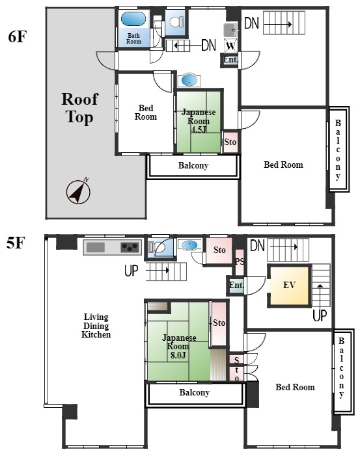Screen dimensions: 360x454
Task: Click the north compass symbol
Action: [78, 192]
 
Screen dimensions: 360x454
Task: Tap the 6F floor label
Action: [18, 37]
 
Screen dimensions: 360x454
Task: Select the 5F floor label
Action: [16, 243]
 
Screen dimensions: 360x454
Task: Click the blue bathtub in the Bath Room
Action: [133, 20]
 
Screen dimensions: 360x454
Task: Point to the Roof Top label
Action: [79, 108]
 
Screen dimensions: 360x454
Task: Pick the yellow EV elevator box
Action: [289, 286]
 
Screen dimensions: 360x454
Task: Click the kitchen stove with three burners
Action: [130, 247]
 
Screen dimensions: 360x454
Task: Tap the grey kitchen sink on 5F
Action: [96, 248]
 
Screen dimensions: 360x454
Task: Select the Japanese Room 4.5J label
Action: [199, 121]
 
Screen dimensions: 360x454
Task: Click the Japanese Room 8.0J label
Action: [179, 346]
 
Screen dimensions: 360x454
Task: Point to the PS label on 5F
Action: [240, 261]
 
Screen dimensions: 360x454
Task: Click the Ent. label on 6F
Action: [230, 60]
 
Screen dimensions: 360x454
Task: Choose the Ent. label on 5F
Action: [236, 285]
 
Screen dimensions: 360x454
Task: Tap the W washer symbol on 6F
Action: [230, 46]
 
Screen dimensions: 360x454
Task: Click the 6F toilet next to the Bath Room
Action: [176, 21]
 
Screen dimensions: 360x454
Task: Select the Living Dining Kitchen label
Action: [96, 326]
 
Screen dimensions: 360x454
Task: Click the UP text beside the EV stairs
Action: [320, 315]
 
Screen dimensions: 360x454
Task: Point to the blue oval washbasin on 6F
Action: [189, 80]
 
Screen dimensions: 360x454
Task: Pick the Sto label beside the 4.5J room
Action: [230, 142]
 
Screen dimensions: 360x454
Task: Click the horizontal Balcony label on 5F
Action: [194, 393]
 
